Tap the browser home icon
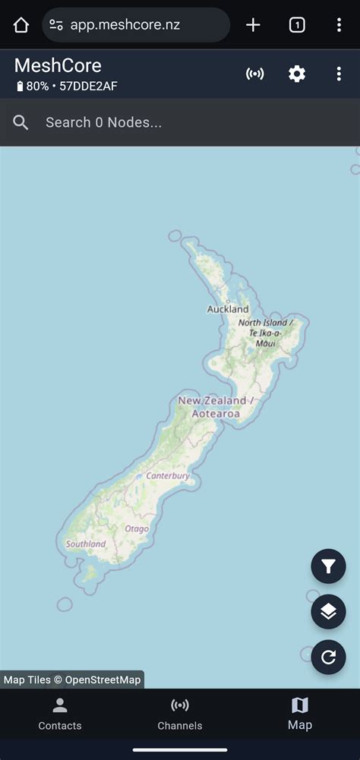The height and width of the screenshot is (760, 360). click(x=21, y=25)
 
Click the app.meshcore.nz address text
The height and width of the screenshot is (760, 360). click(x=125, y=25)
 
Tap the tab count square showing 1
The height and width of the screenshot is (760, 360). click(x=297, y=25)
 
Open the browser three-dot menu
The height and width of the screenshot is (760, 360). click(x=339, y=25)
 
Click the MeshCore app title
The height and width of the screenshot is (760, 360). click(x=58, y=66)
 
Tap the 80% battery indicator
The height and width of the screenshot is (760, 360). click(x=33, y=87)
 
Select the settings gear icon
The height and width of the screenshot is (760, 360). click(x=297, y=74)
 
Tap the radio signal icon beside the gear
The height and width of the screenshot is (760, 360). click(x=255, y=74)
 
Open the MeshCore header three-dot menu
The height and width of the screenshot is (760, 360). click(x=339, y=74)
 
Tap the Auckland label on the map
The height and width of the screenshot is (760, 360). click(x=228, y=310)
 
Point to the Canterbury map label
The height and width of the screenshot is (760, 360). click(x=168, y=476)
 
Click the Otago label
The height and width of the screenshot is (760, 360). click(x=137, y=528)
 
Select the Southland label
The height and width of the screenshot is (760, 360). click(x=86, y=544)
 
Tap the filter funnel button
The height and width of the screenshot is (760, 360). click(x=328, y=566)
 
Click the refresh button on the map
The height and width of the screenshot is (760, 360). click(x=328, y=658)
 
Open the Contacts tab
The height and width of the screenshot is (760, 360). click(x=60, y=714)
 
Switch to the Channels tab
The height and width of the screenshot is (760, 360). click(x=180, y=714)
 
